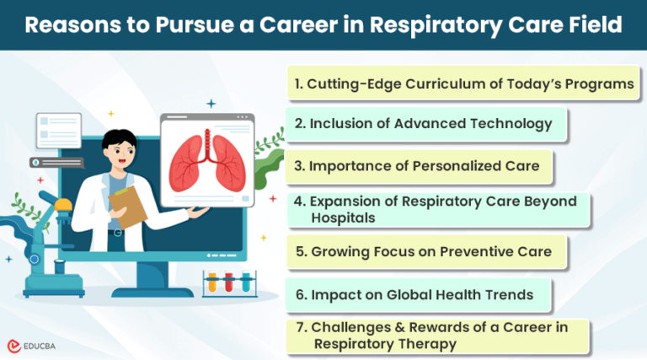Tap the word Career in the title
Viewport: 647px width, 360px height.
pos(313,25)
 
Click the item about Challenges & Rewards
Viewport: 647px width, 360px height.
pos(435,336)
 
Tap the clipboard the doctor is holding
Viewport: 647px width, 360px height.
pos(128,206)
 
